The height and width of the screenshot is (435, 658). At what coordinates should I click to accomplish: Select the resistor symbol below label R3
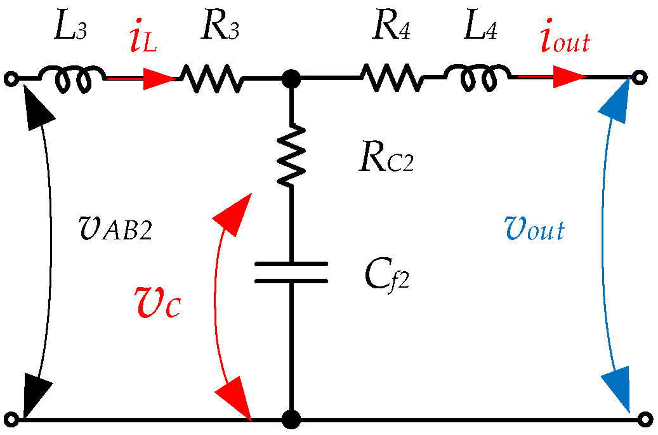[x=210, y=79]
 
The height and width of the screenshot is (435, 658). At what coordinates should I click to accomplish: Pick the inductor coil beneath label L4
[x=477, y=77]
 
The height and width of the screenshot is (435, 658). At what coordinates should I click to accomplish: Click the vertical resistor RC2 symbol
[x=291, y=156]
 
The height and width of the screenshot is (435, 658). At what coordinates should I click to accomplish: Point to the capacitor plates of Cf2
[x=291, y=272]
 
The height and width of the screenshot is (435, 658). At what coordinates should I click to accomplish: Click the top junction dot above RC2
[x=291, y=79]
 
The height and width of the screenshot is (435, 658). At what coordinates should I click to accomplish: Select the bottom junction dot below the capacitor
[x=291, y=419]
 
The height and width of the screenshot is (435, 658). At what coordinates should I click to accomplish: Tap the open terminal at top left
[x=10, y=79]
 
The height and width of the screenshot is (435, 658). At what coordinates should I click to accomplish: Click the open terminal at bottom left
[x=10, y=419]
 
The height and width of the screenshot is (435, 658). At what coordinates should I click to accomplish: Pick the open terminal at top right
[x=641, y=78]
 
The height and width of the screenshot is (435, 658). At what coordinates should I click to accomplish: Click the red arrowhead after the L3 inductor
[x=159, y=79]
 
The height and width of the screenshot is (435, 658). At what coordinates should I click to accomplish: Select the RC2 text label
[x=386, y=161]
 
